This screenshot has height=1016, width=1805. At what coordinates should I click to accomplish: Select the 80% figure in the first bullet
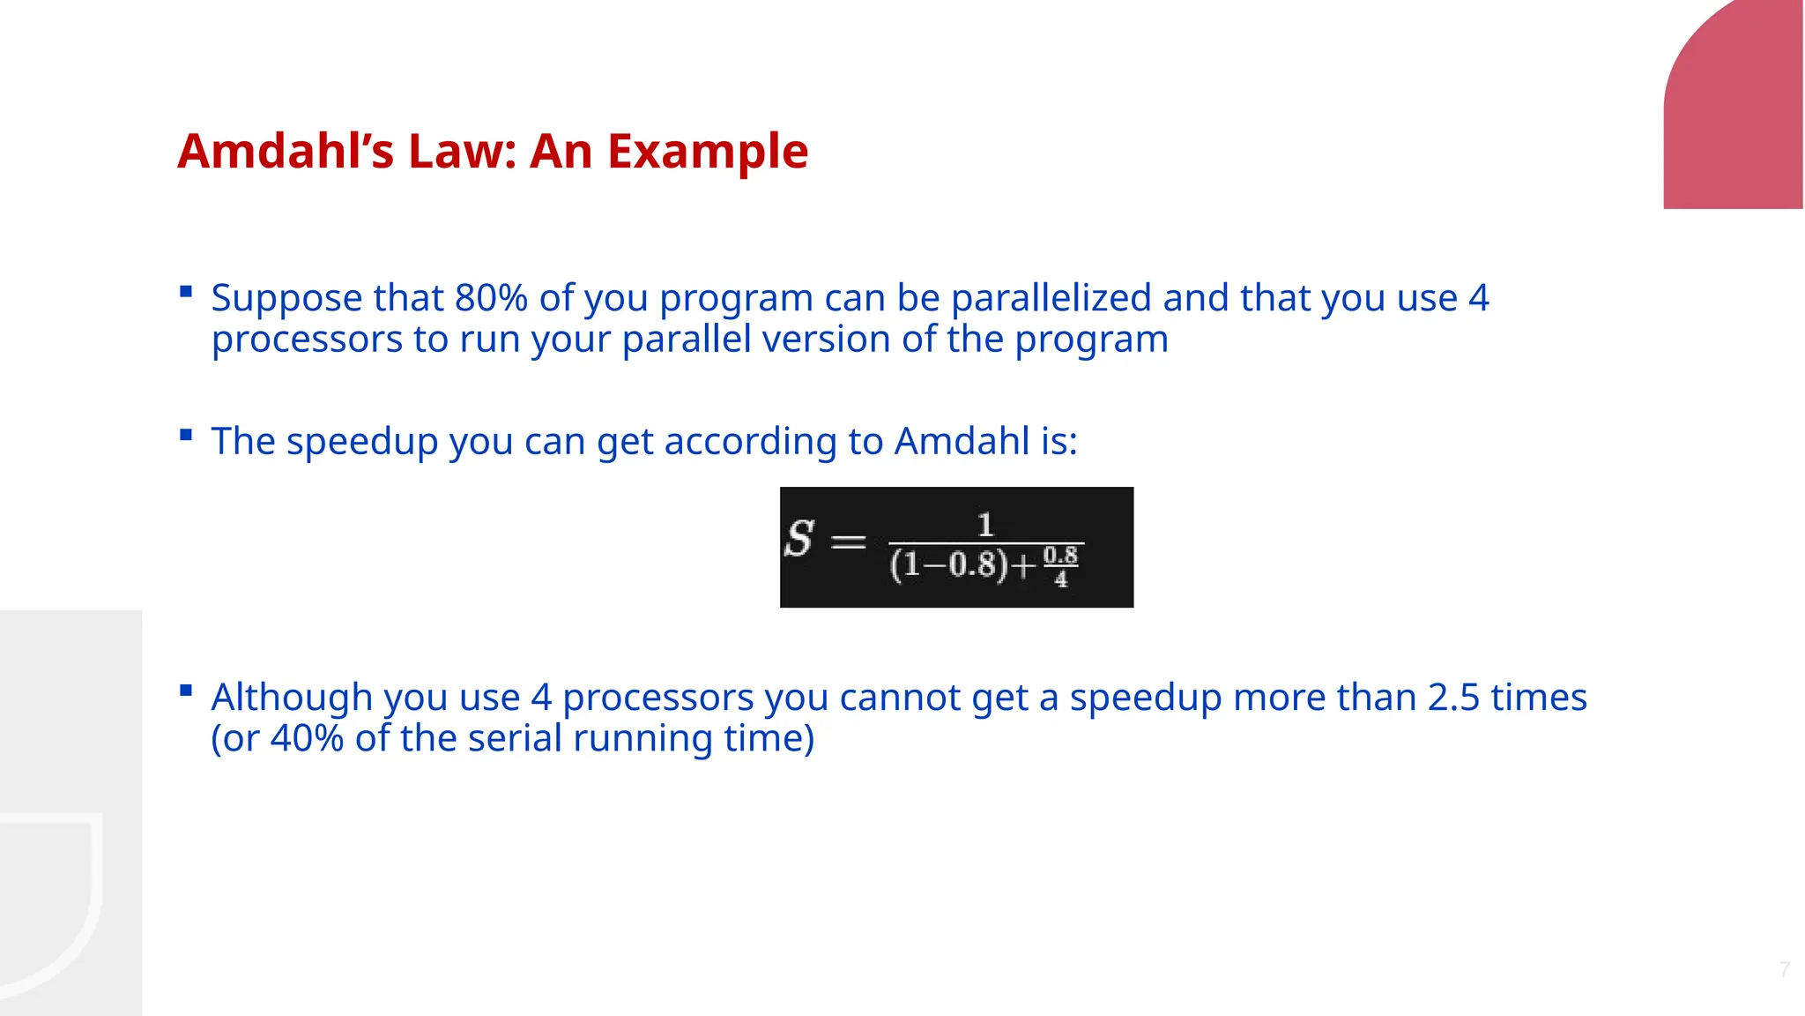491,298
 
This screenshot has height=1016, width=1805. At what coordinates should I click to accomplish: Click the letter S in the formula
799,539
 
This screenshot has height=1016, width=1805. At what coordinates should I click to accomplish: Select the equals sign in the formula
849,541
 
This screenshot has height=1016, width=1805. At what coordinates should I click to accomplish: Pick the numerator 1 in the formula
985,526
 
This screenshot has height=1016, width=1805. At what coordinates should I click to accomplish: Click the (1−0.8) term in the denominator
948,564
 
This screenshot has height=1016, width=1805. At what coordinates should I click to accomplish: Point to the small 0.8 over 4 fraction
1060,566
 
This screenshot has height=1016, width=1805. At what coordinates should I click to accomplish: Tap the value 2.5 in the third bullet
1453,698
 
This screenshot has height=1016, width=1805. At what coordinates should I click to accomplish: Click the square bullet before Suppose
185,291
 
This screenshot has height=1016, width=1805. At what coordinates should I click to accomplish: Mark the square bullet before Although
185,691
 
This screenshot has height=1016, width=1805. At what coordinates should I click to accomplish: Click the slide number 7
1785,970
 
